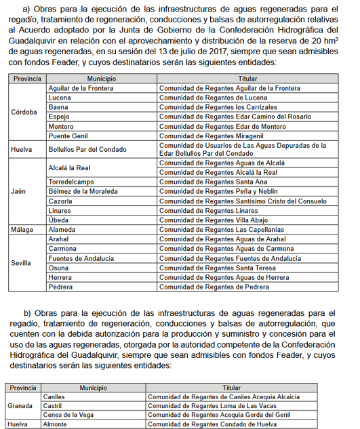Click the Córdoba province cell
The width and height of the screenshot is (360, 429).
pos(24,112)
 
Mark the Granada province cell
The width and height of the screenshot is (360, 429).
pos(20,406)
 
